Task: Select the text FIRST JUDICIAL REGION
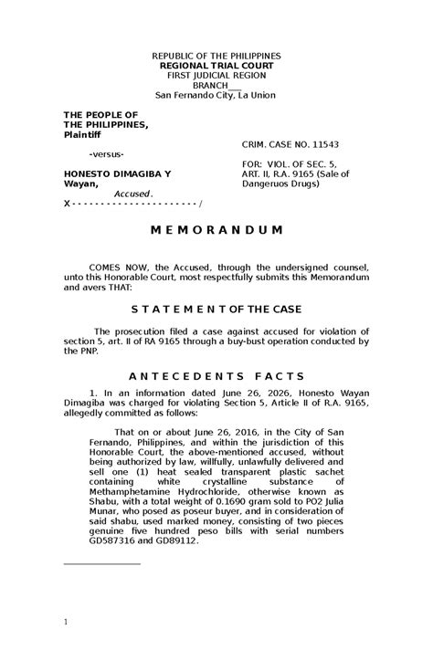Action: pyautogui.click(x=216, y=77)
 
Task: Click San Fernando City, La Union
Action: pyautogui.click(x=216, y=96)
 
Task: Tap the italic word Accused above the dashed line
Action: pyautogui.click(x=132, y=194)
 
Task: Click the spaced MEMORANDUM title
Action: pyautogui.click(x=216, y=228)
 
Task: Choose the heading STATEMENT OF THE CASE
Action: pyautogui.click(x=216, y=310)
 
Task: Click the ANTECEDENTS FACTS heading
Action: pyautogui.click(x=216, y=375)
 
